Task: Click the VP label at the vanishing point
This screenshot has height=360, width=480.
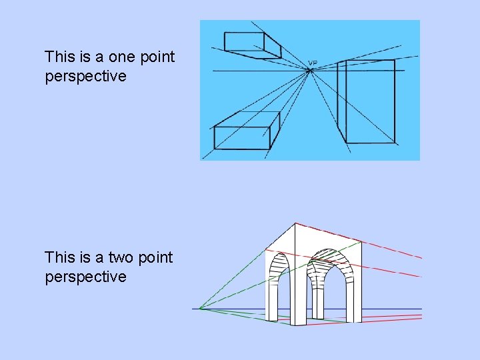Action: pos(313,64)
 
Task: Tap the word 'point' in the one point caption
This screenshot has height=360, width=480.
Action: pos(157,57)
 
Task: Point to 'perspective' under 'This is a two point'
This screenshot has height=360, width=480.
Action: pos(85,277)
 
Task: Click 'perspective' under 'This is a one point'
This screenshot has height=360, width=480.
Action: pos(85,76)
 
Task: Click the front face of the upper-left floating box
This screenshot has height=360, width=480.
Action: pos(244,41)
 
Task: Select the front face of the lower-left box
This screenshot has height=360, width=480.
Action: pos(241,138)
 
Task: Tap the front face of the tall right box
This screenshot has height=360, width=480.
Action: pos(370,101)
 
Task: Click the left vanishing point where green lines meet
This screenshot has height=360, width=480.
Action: pos(201,309)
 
